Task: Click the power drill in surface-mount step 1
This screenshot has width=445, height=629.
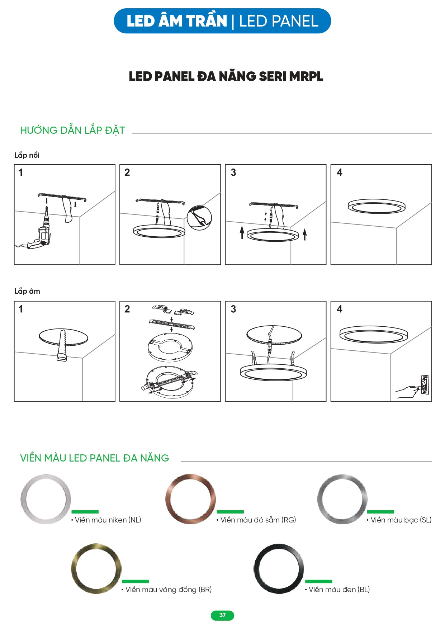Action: pos(39,230)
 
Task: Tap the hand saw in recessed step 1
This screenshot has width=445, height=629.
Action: pos(62,345)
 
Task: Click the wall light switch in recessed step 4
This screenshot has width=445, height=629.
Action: pos(425,385)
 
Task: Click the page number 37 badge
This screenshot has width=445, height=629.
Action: pos(222,615)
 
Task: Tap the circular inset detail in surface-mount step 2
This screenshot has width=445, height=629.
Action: pos(199,218)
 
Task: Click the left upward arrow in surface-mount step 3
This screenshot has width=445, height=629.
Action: pos(242,232)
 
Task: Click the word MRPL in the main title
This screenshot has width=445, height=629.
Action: pos(306,76)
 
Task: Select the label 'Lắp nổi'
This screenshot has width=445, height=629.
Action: pos(27,155)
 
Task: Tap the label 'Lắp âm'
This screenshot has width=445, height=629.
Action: pos(27,291)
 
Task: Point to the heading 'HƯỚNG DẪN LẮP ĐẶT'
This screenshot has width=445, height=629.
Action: pos(72,130)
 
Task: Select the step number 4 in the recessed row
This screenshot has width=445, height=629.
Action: pos(340,309)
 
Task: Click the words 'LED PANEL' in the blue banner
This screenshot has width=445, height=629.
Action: pos(279,21)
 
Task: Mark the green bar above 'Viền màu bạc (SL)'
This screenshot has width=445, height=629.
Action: pos(380,512)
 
